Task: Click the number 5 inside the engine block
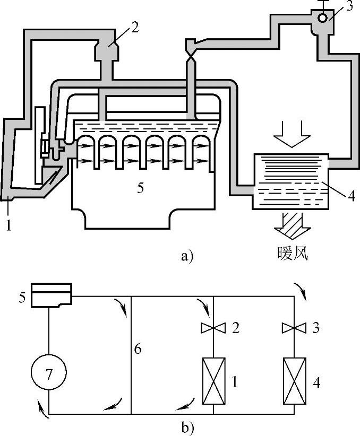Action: (140, 188)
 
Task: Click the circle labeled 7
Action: (49, 375)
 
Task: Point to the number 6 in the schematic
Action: (139, 351)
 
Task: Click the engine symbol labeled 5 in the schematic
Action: (51, 295)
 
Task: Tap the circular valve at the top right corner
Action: (322, 18)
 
